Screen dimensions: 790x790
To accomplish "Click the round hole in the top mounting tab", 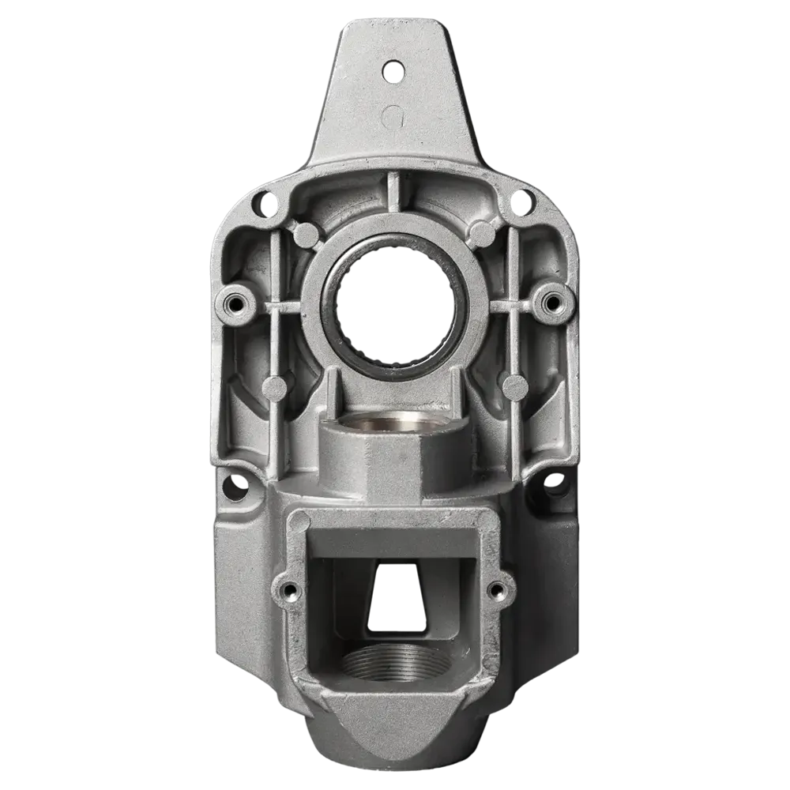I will click(391, 71).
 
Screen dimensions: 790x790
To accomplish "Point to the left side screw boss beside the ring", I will click(235, 302).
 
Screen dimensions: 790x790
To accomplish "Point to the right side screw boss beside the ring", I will click(551, 300).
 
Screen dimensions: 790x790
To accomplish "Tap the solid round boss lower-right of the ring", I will click(514, 386).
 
